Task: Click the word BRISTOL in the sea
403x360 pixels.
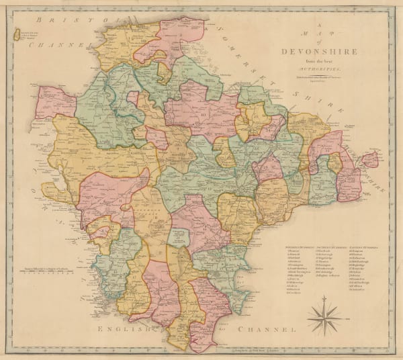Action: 58,21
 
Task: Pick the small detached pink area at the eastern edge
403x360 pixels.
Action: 369,161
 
